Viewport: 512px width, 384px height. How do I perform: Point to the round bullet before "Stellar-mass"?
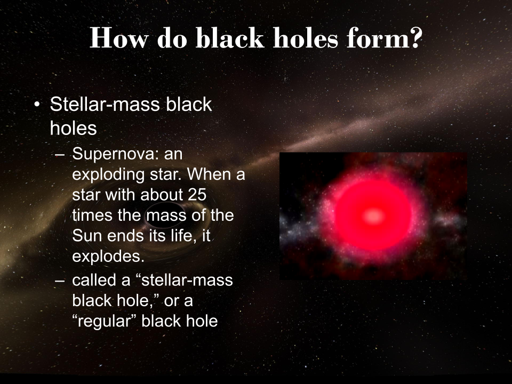click(37, 105)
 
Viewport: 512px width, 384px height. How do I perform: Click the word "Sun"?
click(86, 235)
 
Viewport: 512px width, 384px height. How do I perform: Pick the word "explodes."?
click(108, 255)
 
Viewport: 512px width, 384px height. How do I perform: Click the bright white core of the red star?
click(373, 215)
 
